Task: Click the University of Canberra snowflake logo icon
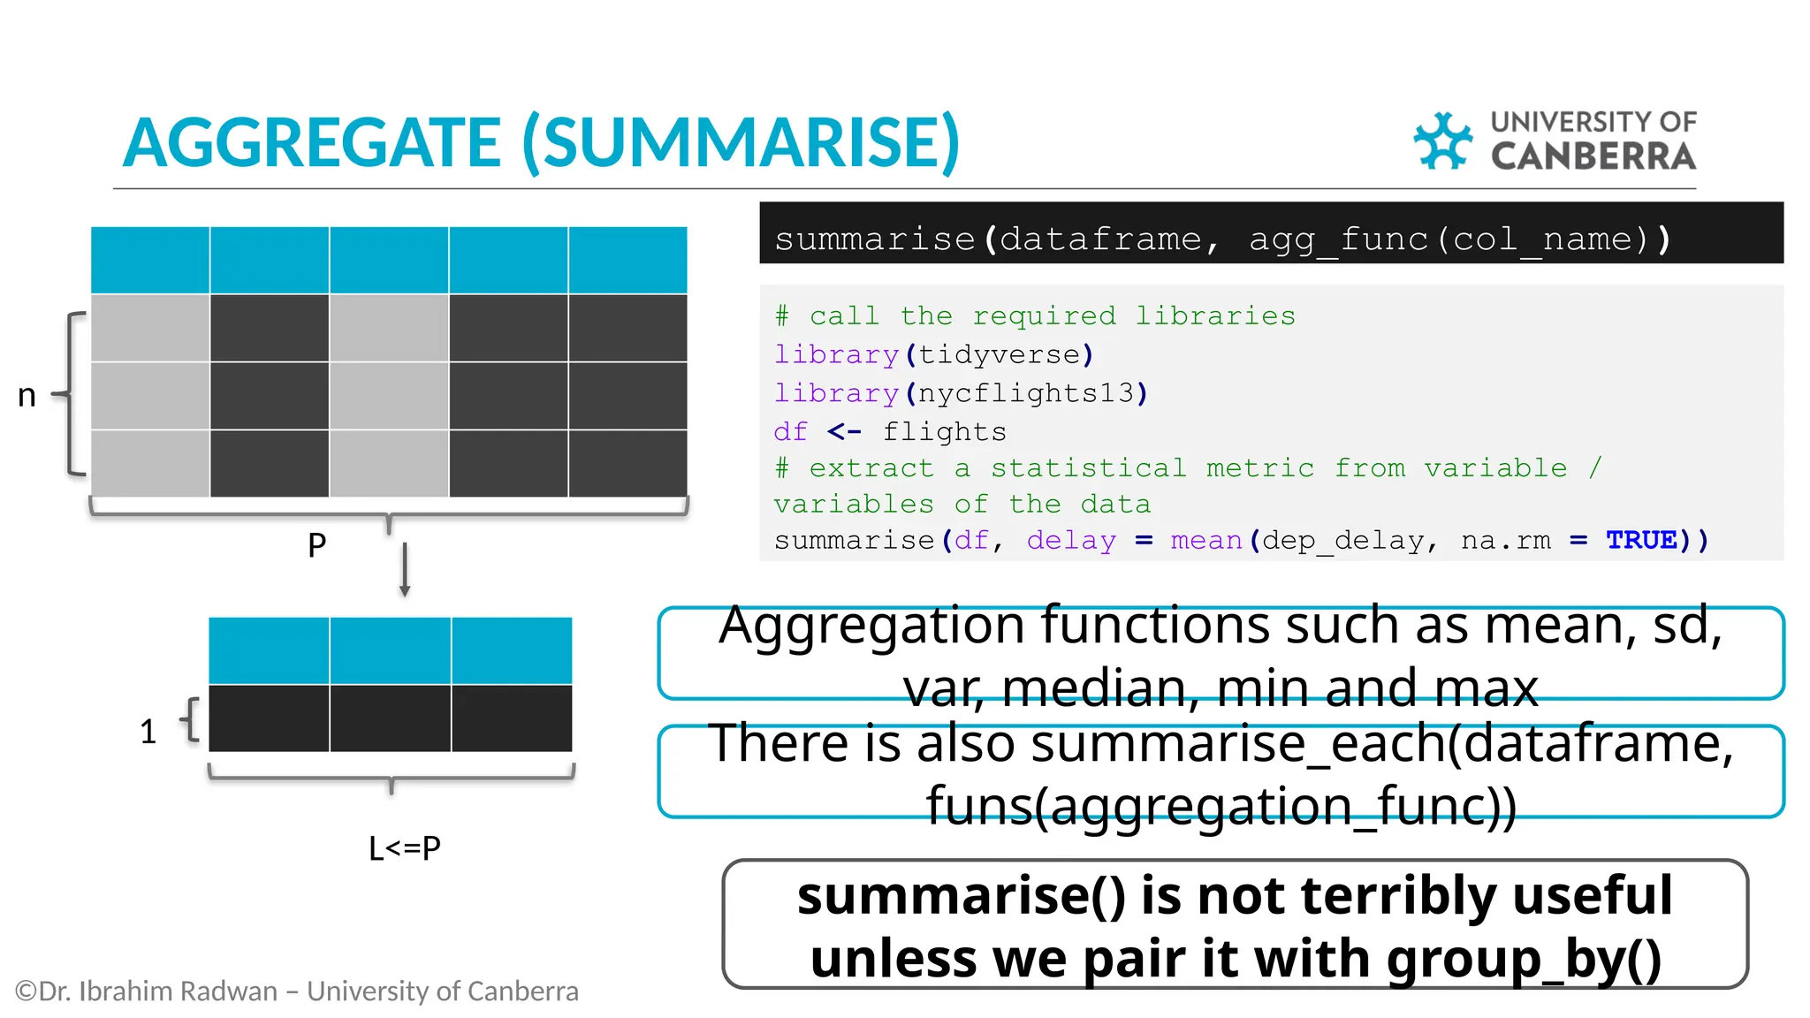[1442, 141]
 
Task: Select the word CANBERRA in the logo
[1593, 157]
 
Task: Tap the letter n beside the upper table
[27, 395]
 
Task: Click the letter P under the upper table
[316, 544]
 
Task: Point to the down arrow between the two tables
[405, 571]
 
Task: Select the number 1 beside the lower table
[148, 732]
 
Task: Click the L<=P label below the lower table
[404, 848]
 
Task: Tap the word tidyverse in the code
[999, 355]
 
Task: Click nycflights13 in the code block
[1026, 393]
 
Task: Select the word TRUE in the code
[1641, 540]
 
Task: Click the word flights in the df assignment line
[944, 432]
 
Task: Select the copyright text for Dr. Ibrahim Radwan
[297, 991]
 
